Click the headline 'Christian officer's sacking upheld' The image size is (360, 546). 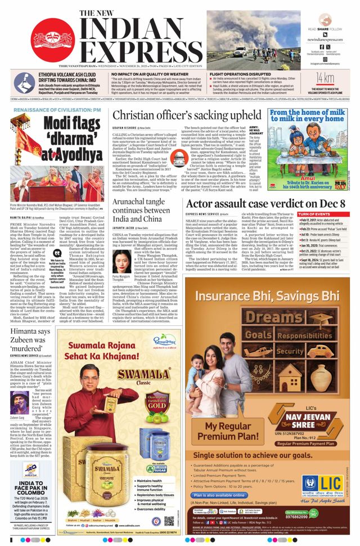click(187, 116)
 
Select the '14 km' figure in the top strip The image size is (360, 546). click(325, 77)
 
